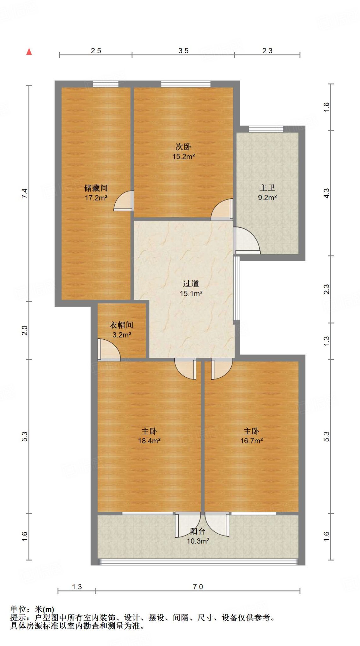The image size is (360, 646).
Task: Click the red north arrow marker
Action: pos(29,52)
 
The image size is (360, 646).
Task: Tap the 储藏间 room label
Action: pos(96,188)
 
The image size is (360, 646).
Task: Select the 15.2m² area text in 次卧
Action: pos(183,156)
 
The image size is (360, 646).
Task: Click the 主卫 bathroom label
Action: pos(267,188)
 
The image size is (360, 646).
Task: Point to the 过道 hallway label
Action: pos(191,284)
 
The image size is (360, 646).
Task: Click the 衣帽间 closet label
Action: pos(121,325)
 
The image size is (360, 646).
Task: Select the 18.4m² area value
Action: pos(149,441)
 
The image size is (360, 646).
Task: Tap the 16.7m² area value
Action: pos(252,441)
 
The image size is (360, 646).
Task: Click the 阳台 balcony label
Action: pos(198,531)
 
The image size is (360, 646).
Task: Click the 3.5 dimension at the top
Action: pos(183,51)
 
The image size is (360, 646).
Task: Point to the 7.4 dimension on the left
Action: pos(25,193)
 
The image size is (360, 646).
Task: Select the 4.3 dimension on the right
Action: pos(327,193)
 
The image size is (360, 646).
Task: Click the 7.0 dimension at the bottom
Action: pos(198,587)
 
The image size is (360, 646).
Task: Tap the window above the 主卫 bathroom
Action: pos(266,129)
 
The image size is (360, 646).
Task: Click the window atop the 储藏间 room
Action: pos(106,84)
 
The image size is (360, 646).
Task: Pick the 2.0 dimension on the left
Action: pos(25,330)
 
